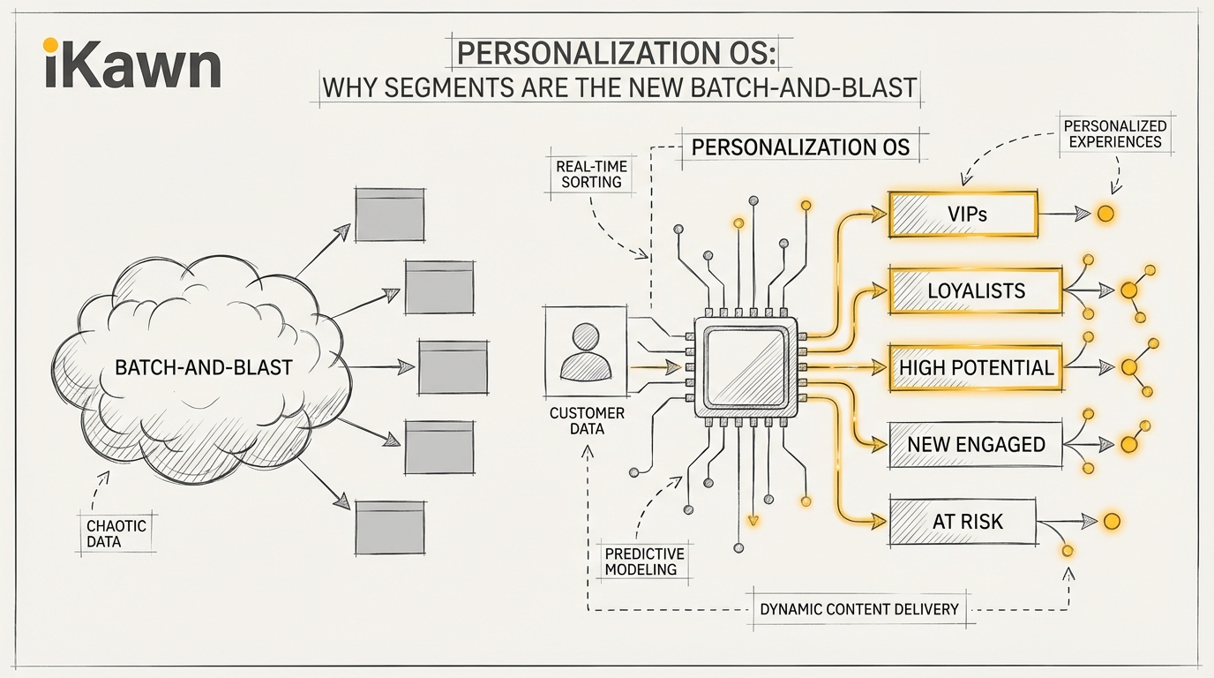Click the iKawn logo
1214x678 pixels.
[x=131, y=67]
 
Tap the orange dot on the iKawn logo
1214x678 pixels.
[x=50, y=44]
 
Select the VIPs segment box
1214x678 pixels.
[x=963, y=214]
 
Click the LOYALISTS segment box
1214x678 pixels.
[x=975, y=290]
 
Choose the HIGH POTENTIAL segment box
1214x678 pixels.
[x=976, y=367]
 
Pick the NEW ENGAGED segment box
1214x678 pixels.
[x=976, y=444]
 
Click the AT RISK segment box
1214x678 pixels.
[x=963, y=521]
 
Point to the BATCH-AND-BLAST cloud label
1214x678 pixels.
[x=204, y=367]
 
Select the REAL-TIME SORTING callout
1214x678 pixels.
[x=588, y=174]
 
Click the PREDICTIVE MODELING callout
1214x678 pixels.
[x=644, y=561]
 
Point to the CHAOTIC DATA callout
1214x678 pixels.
[x=116, y=533]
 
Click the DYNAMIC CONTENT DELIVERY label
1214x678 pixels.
[x=858, y=609]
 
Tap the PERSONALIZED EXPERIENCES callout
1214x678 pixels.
[x=1114, y=134]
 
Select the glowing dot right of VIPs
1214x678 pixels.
[x=1105, y=214]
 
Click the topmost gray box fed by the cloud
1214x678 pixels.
[x=389, y=214]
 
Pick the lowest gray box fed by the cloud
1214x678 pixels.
[x=389, y=527]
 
